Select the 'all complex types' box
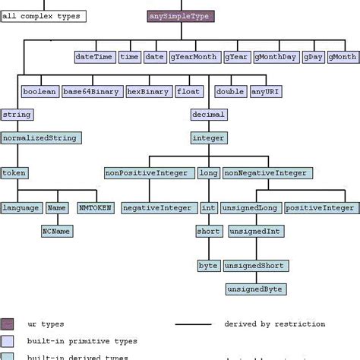click(x=43, y=15)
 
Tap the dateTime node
click(x=95, y=57)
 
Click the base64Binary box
click(x=92, y=92)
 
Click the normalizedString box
click(x=41, y=138)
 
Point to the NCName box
click(x=57, y=231)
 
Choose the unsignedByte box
click(x=253, y=289)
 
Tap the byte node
click(x=208, y=266)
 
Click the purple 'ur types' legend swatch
click(x=8, y=324)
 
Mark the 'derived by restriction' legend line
click(x=194, y=324)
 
